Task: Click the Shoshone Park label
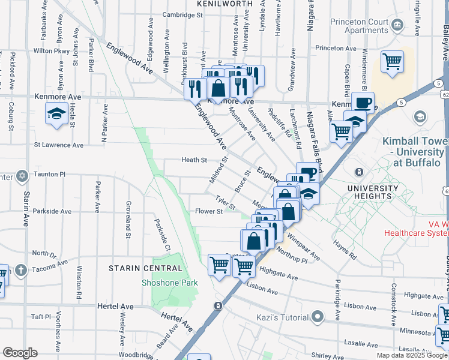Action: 169,282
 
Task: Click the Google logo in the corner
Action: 20,353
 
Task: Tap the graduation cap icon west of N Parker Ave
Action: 56,113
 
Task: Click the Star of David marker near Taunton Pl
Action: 22,176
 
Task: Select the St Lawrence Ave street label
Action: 58,145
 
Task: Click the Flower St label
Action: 209,211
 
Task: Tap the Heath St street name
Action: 194,160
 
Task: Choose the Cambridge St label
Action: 166,15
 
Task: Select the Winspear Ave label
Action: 304,245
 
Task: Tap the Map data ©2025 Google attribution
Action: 412,355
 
